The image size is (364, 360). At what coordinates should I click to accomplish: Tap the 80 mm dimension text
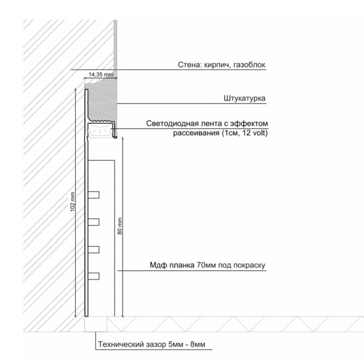(120, 225)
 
